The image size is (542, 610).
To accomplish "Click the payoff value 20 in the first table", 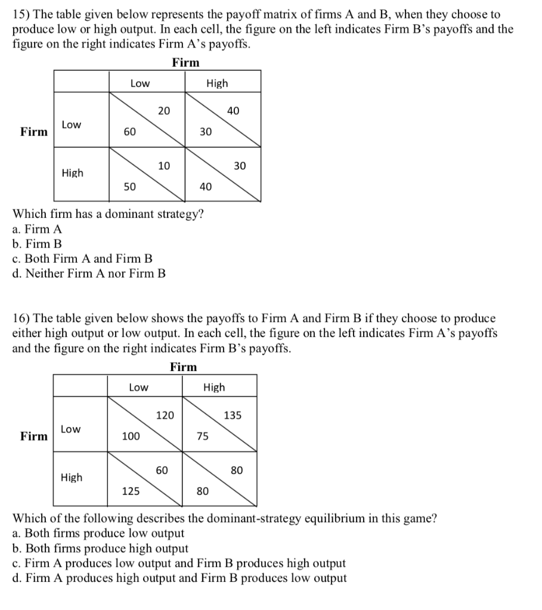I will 164,111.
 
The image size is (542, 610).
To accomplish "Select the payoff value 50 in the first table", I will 129,187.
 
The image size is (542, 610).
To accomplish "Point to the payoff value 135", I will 233,415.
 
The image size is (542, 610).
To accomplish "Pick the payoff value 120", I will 165,415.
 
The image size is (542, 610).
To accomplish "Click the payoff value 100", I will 131,437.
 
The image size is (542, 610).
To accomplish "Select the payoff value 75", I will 203,437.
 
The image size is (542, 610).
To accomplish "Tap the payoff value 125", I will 131,491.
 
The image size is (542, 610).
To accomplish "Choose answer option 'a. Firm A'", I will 36,229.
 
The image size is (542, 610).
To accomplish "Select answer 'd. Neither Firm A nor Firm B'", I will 89,274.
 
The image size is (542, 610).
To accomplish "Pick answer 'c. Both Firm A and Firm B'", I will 82,259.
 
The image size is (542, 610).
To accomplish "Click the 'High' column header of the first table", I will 217,83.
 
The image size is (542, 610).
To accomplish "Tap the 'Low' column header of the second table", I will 139,388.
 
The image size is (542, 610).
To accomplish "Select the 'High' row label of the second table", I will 72,478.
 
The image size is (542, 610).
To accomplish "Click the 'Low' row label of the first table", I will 72,125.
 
